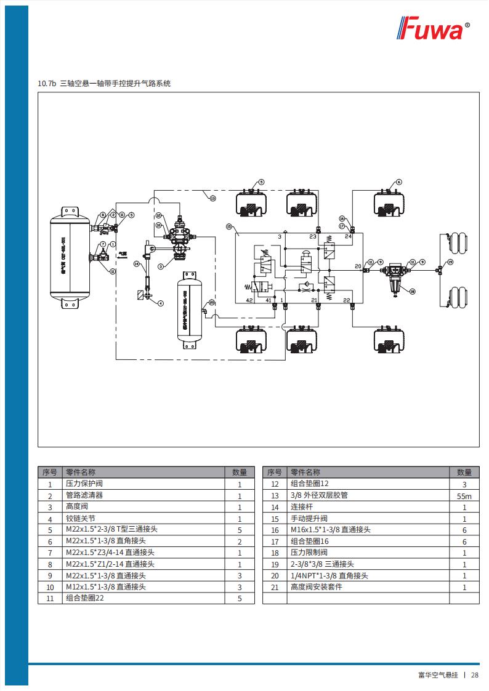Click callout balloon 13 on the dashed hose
pos(212,199)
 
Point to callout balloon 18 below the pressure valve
pos(413,292)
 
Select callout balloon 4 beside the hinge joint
pos(161,303)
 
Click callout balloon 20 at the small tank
pos(212,302)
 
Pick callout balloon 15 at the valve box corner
pos(228,226)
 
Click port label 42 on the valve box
pos(249,300)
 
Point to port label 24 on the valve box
pos(348,236)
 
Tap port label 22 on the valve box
pos(347,300)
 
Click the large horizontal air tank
pos(69,260)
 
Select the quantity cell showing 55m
pos(464,496)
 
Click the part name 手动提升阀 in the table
pos(309,519)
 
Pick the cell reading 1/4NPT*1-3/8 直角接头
pos(329,576)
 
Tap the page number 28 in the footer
pos(475,674)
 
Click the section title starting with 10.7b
pos(104,83)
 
